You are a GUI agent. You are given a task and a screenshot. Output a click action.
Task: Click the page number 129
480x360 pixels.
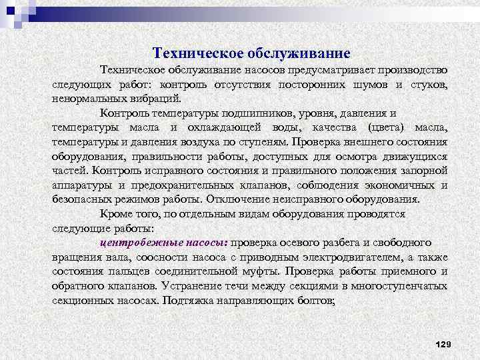443,343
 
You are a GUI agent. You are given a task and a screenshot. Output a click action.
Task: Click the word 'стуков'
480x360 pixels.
427,85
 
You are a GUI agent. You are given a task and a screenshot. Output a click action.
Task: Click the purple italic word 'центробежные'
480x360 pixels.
134,243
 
